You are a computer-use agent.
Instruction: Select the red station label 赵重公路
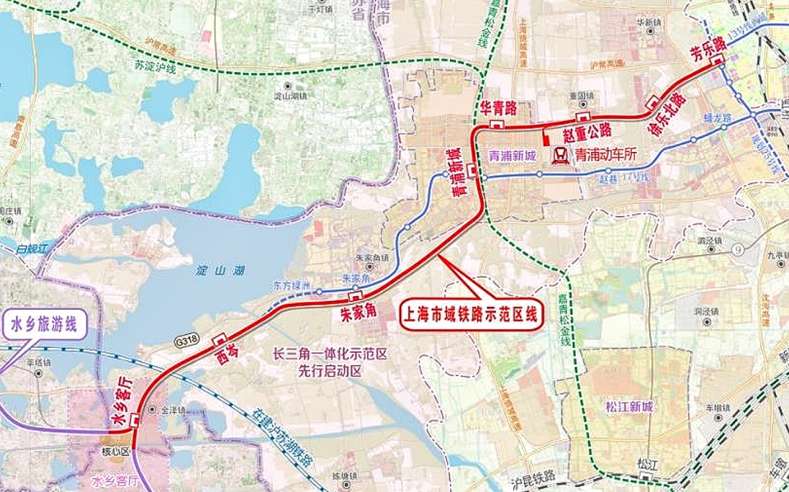(x=587, y=131)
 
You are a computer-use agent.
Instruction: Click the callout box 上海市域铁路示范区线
(x=471, y=315)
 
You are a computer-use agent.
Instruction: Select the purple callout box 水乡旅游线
(x=45, y=325)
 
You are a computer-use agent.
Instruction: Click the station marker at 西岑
(x=218, y=339)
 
